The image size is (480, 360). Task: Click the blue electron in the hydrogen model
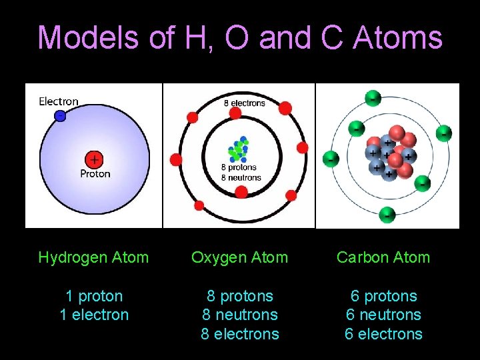click(60, 115)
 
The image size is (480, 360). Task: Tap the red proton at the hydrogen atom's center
click(95, 159)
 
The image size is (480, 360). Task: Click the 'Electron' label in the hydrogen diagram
click(59, 101)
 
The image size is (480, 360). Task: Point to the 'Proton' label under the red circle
click(95, 174)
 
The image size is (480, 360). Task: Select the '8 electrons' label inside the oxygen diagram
click(243, 103)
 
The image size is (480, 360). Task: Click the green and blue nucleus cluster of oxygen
click(239, 151)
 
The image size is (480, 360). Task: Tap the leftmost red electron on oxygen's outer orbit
click(176, 159)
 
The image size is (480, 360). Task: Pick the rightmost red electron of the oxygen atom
click(302, 147)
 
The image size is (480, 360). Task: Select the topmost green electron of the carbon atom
click(373, 97)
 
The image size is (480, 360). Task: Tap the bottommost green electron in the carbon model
click(387, 215)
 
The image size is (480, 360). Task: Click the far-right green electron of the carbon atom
click(443, 133)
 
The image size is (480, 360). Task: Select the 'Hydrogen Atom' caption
click(93, 257)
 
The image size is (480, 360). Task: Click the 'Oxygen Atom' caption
click(239, 257)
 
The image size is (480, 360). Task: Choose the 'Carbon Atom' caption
click(383, 257)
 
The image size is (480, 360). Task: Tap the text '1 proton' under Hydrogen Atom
click(94, 296)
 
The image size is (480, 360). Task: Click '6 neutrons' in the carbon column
click(383, 315)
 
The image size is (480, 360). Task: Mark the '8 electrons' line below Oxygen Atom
click(240, 333)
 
